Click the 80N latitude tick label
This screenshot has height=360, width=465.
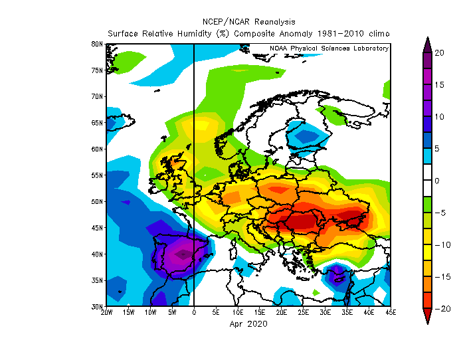[97, 44]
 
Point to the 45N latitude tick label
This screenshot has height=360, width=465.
[97, 228]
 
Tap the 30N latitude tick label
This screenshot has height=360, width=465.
[97, 307]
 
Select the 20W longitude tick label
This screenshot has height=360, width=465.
[107, 312]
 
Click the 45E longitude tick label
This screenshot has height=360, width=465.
[391, 312]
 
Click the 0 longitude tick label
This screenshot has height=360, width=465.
[194, 312]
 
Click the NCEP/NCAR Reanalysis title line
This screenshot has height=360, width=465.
[248, 21]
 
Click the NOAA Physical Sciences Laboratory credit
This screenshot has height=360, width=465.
[329, 48]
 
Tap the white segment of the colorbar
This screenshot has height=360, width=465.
[426, 181]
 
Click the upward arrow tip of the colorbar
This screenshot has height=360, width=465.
[426, 41]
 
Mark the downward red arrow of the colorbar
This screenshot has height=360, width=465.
[426, 317]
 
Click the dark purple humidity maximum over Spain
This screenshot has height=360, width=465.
[181, 254]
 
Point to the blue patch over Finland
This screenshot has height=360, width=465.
[306, 137]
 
